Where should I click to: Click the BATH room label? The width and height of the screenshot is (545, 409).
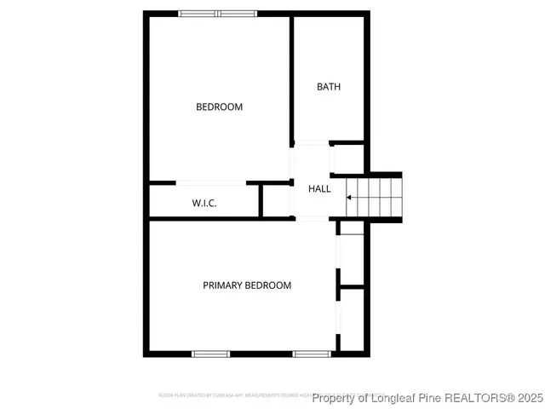click(x=329, y=86)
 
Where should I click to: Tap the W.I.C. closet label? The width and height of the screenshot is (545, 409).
click(x=204, y=203)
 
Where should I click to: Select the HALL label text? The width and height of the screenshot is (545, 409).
click(x=319, y=188)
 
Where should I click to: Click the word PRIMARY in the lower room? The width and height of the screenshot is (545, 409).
click(x=223, y=285)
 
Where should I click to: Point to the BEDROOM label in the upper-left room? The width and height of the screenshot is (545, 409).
click(x=219, y=107)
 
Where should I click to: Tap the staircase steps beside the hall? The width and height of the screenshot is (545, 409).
click(x=375, y=197)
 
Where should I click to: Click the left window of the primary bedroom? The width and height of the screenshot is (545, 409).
click(x=210, y=353)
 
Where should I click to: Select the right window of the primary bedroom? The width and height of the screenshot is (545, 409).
click(x=313, y=353)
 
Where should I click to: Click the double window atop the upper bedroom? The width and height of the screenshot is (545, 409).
click(x=217, y=13)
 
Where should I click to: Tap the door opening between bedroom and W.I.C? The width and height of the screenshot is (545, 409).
click(x=211, y=182)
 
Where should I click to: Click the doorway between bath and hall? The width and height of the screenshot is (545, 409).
click(x=312, y=142)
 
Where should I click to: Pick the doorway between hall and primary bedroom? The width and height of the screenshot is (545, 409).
click(x=312, y=219)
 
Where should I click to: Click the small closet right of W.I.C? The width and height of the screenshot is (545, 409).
click(x=277, y=201)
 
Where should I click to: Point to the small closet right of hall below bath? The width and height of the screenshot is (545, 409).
click(x=347, y=158)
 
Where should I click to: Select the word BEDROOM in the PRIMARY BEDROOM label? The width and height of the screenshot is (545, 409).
click(x=269, y=285)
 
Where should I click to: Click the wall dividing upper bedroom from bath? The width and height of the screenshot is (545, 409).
click(x=293, y=77)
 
